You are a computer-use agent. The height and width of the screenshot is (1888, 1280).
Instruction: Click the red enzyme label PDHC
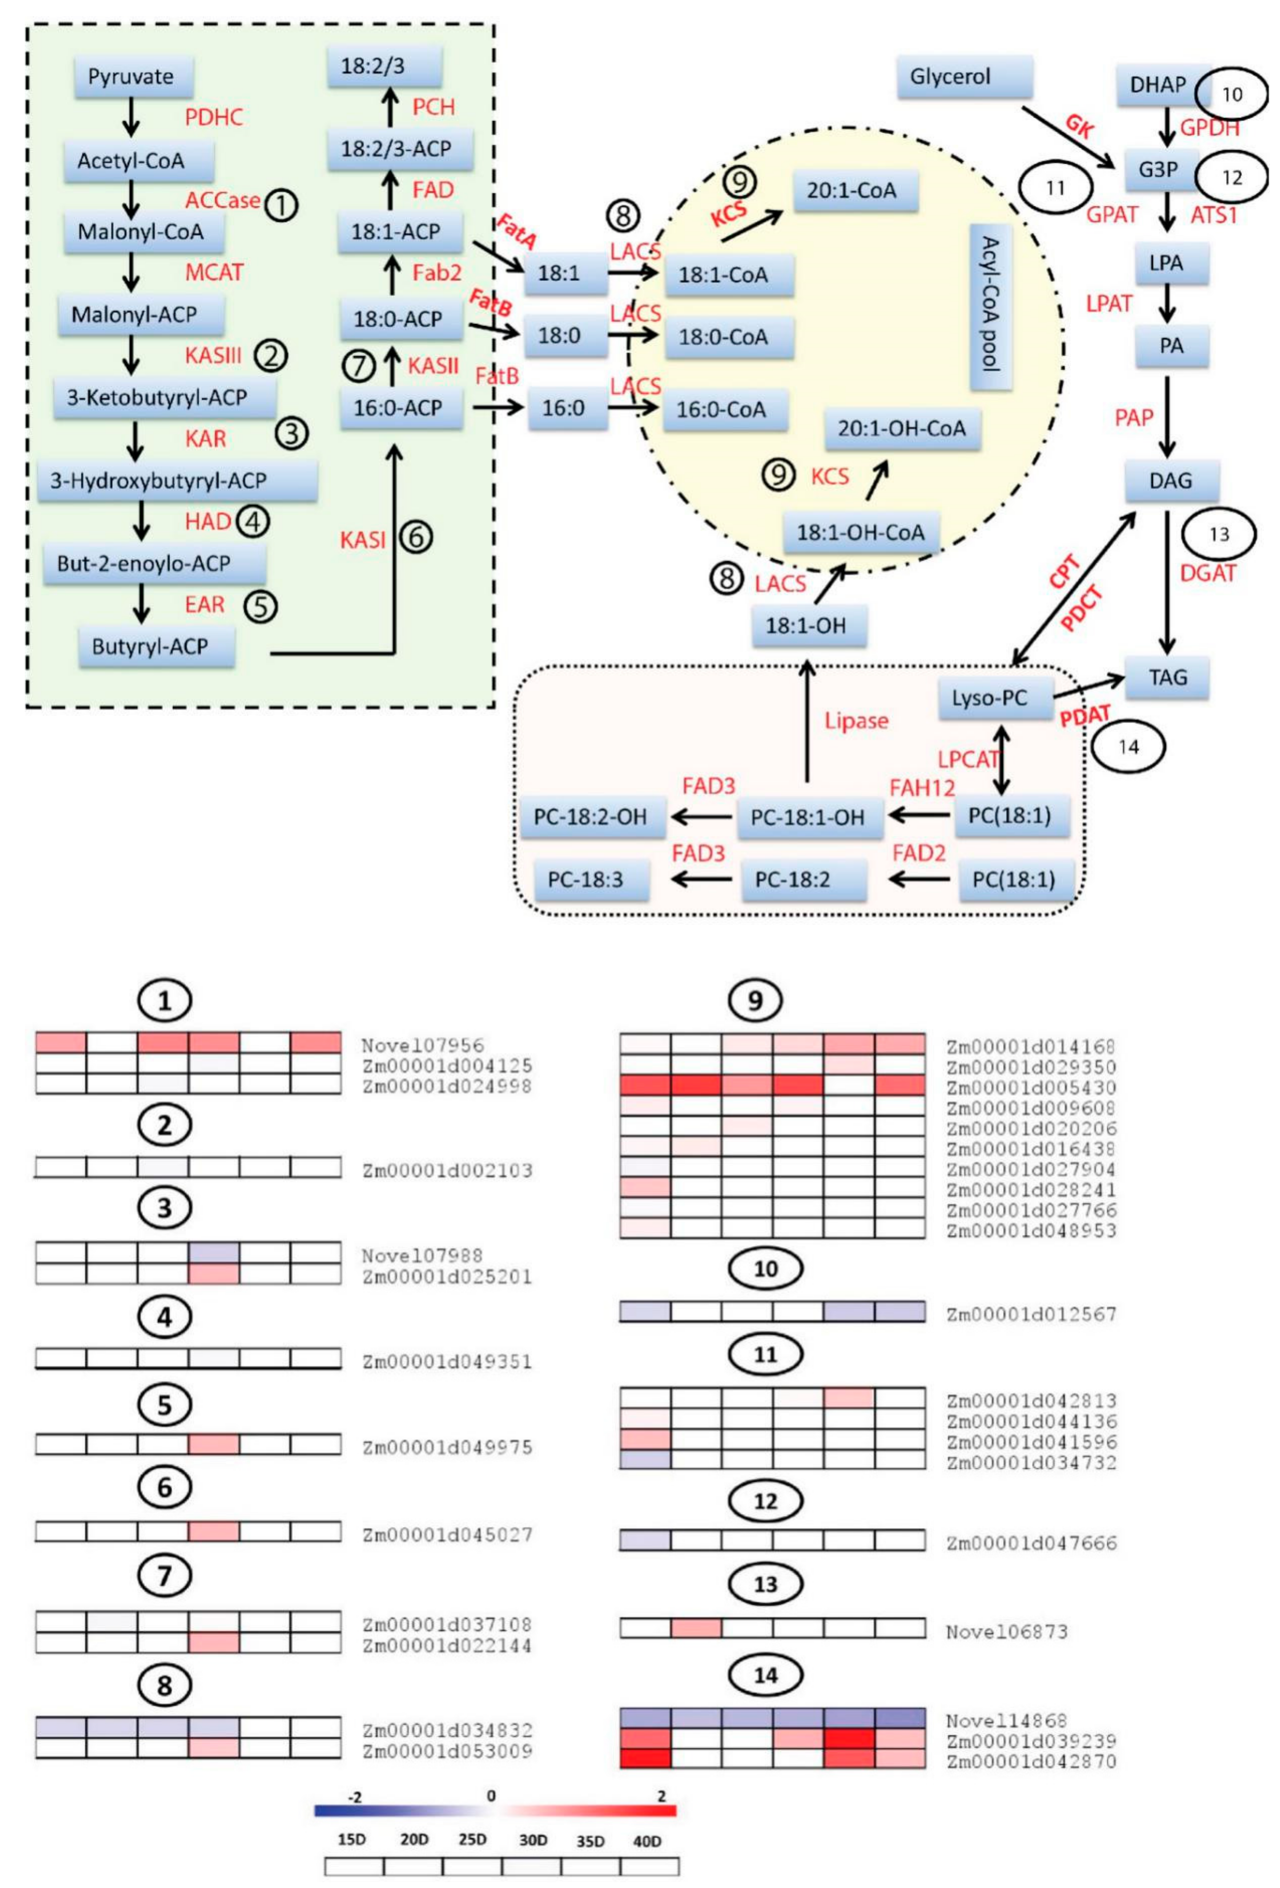214,117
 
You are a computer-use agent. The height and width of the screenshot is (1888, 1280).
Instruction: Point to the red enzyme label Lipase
856,721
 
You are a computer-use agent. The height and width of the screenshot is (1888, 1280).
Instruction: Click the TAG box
1167,677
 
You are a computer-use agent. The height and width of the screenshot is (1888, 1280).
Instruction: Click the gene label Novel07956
422,1045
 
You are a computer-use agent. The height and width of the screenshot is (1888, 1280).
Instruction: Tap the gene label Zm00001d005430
1031,1087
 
